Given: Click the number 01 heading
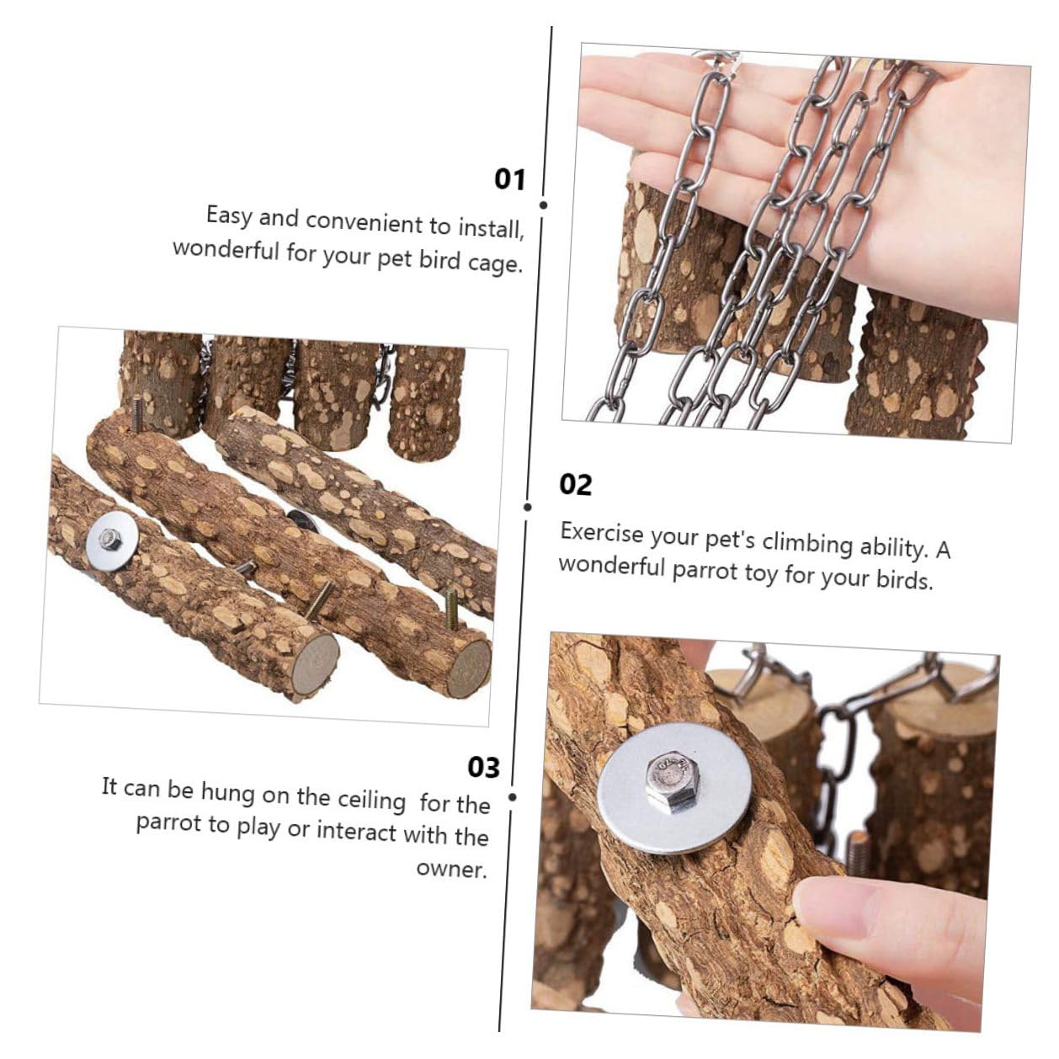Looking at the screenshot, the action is [509, 179].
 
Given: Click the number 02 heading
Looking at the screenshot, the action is [576, 485].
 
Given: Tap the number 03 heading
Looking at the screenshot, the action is [483, 767].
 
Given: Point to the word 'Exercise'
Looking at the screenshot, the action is [601, 533].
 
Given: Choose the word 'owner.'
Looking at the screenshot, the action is [452, 869].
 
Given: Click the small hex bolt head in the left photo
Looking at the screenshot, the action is [110, 539].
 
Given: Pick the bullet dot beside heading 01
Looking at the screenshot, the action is [544, 205].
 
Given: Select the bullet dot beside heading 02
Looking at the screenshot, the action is [528, 507].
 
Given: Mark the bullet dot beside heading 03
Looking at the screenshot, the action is [513, 797].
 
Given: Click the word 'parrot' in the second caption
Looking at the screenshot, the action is [705, 572].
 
